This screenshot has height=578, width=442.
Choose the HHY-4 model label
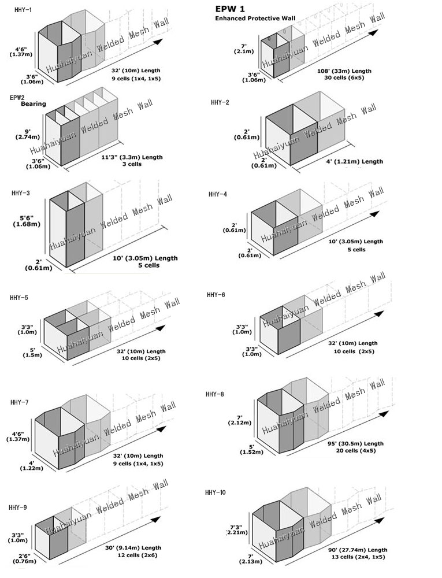pos(218,194)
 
